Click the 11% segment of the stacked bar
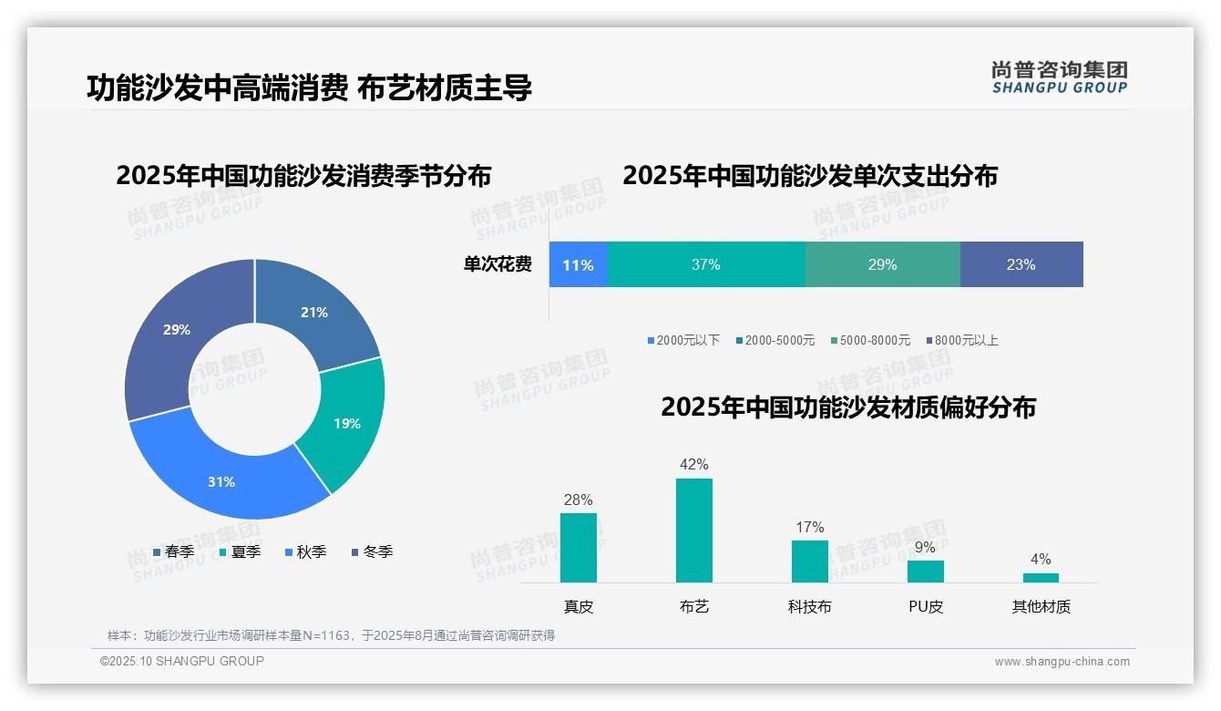(578, 265)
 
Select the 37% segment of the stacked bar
(706, 265)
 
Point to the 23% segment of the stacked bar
(1021, 265)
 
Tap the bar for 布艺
(693, 531)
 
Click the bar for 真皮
(578, 548)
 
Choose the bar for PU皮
(925, 572)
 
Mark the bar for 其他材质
(1041, 578)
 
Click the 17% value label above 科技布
(809, 527)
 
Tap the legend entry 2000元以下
(683, 340)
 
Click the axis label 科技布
(809, 606)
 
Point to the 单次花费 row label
(498, 265)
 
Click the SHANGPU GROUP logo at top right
(1059, 77)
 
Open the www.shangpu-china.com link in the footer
(1062, 662)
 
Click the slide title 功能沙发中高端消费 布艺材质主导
(309, 88)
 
